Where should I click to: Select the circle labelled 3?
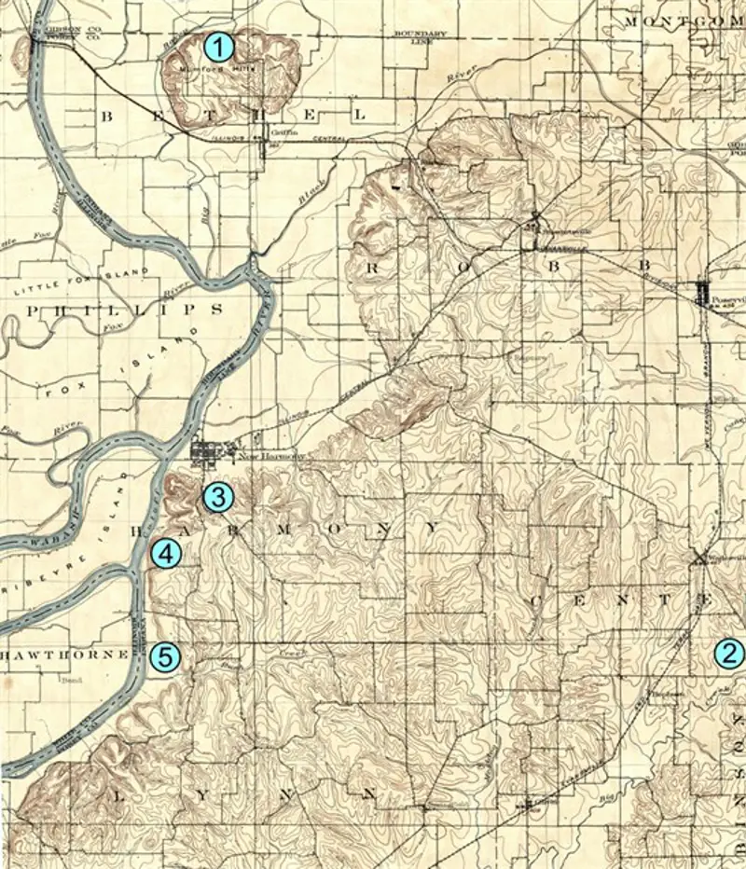[217, 497]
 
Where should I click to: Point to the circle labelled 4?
[164, 555]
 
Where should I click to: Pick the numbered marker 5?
[164, 656]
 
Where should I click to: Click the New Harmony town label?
[260, 456]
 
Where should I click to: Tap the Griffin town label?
[283, 132]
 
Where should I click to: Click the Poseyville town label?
[725, 300]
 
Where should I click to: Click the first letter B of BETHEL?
[107, 115]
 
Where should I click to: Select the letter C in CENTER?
[540, 603]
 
